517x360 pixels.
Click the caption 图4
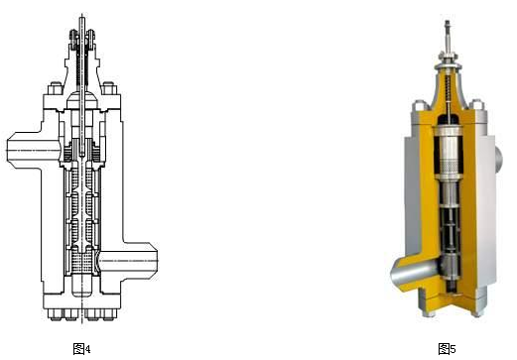(81, 349)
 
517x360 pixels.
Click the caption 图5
(447, 349)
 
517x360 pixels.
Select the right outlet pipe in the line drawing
(128, 261)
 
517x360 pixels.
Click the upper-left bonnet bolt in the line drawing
(56, 88)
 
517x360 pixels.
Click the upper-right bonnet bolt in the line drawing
(109, 88)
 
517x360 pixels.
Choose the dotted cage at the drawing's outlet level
(81, 262)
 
